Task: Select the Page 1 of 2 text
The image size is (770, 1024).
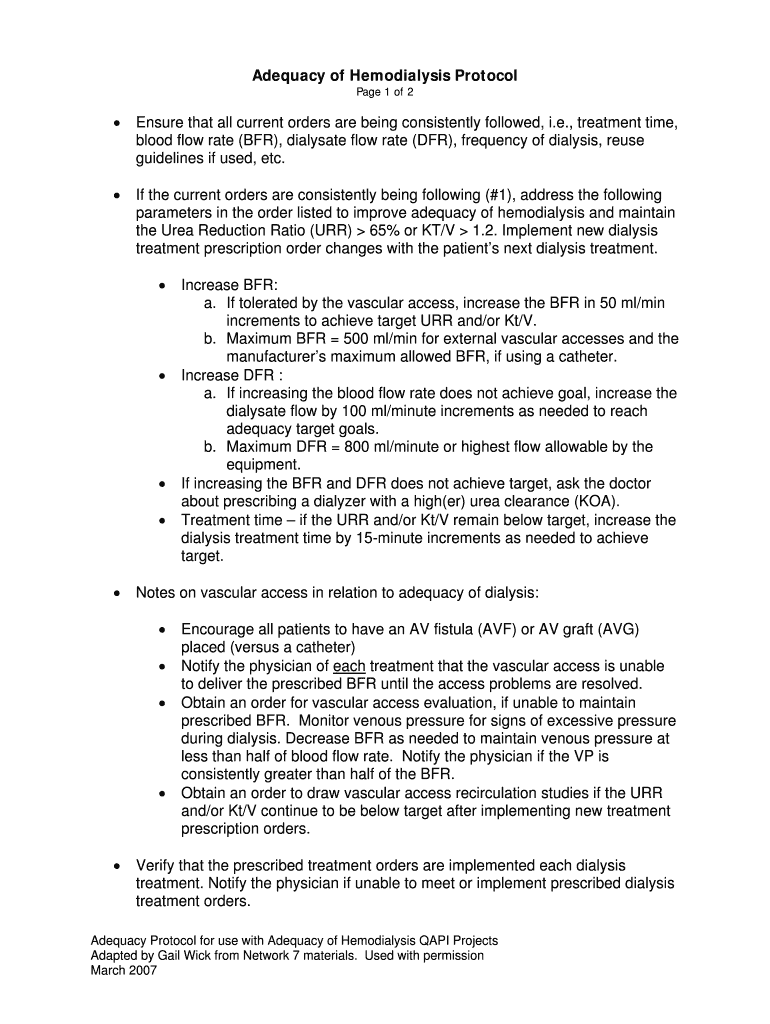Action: pos(384,93)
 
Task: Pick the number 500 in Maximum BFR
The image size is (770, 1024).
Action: pos(344,339)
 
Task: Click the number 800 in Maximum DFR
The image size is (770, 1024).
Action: pos(344,447)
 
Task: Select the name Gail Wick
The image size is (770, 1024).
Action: pos(190,956)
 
